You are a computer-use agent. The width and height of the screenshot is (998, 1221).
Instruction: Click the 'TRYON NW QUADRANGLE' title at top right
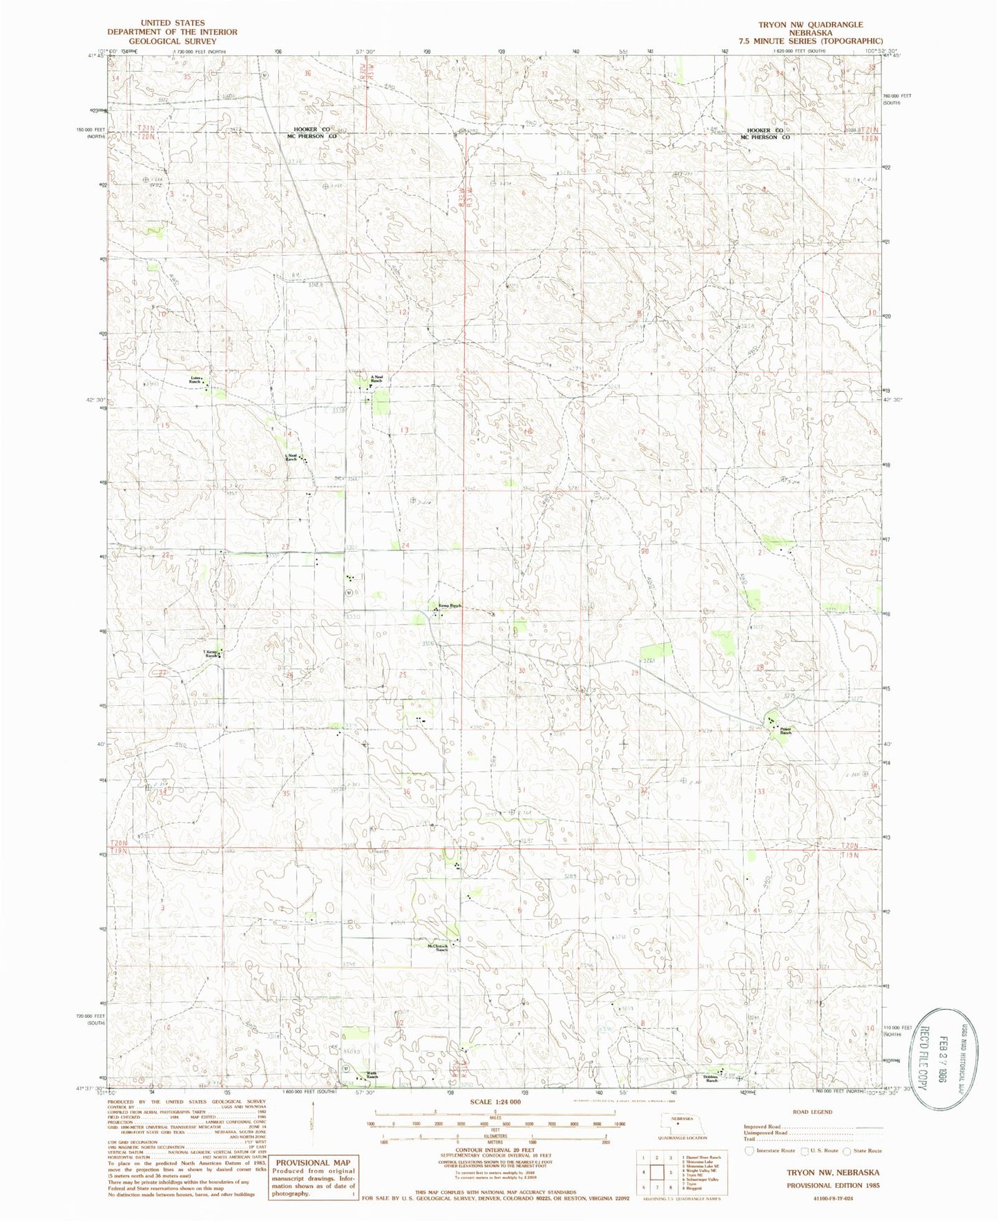(x=810, y=24)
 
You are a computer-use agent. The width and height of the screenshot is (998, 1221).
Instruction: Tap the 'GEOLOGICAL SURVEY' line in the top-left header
(x=173, y=41)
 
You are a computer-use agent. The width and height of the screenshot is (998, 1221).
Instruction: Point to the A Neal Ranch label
(x=376, y=378)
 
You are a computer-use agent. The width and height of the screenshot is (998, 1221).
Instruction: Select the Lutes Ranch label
(x=196, y=381)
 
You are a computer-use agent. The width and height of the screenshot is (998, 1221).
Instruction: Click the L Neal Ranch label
(x=291, y=457)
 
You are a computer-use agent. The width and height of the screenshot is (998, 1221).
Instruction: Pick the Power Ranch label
(x=785, y=730)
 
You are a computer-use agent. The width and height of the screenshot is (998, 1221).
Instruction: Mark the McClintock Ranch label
(x=437, y=948)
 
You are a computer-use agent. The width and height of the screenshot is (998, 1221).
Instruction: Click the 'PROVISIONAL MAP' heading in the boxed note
(x=313, y=1162)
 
